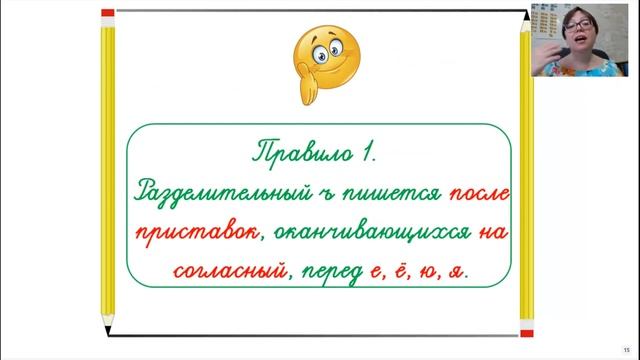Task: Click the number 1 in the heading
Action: pyautogui.click(x=368, y=154)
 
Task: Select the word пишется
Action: pyautogui.click(x=361, y=193)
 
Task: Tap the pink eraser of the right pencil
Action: pyautogui.click(x=524, y=15)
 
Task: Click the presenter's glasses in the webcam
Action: pyautogui.click(x=585, y=25)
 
